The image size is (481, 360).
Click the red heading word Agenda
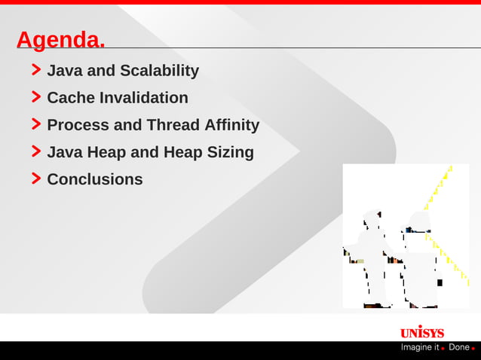(x=60, y=40)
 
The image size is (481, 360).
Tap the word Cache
(x=71, y=98)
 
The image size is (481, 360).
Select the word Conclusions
(x=95, y=179)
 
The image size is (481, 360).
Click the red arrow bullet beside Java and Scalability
(x=36, y=70)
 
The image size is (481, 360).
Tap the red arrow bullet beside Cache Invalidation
(x=36, y=97)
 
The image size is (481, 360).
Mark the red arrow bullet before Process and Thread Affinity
(x=36, y=124)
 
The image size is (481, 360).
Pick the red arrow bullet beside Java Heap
(x=36, y=151)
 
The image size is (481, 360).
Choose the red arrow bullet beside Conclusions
(x=36, y=178)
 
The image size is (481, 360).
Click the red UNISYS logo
(x=421, y=332)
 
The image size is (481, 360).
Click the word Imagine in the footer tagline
(x=420, y=348)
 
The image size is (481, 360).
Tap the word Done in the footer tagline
(x=458, y=348)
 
